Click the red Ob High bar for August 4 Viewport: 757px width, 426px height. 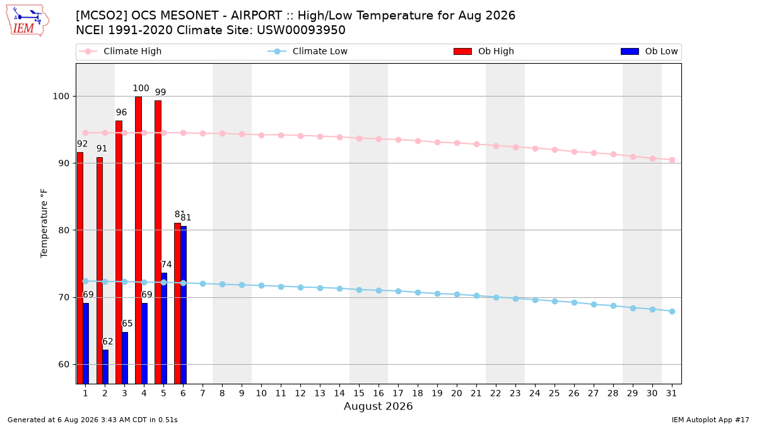138,240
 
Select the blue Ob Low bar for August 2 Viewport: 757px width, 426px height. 105,367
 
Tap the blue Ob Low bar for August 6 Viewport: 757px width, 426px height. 184,305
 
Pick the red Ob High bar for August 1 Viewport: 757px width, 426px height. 80,268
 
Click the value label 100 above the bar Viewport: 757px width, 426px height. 141,88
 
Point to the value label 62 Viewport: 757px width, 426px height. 107,341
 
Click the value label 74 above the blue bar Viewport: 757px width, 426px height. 167,264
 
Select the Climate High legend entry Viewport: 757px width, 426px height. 120,51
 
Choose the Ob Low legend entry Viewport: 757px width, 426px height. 649,51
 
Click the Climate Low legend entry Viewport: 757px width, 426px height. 308,51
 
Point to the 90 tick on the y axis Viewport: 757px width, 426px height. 64,163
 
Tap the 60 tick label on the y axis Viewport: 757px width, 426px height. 64,365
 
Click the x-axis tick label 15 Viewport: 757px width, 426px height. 359,393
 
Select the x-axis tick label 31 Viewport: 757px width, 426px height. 671,393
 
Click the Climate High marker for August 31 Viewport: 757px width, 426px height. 672,160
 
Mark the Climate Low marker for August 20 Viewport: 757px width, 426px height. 457,295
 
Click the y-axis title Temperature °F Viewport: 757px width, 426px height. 44,223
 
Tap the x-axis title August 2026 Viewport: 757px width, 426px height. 378,406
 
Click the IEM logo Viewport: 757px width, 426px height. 28,21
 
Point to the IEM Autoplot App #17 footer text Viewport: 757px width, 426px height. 710,420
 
